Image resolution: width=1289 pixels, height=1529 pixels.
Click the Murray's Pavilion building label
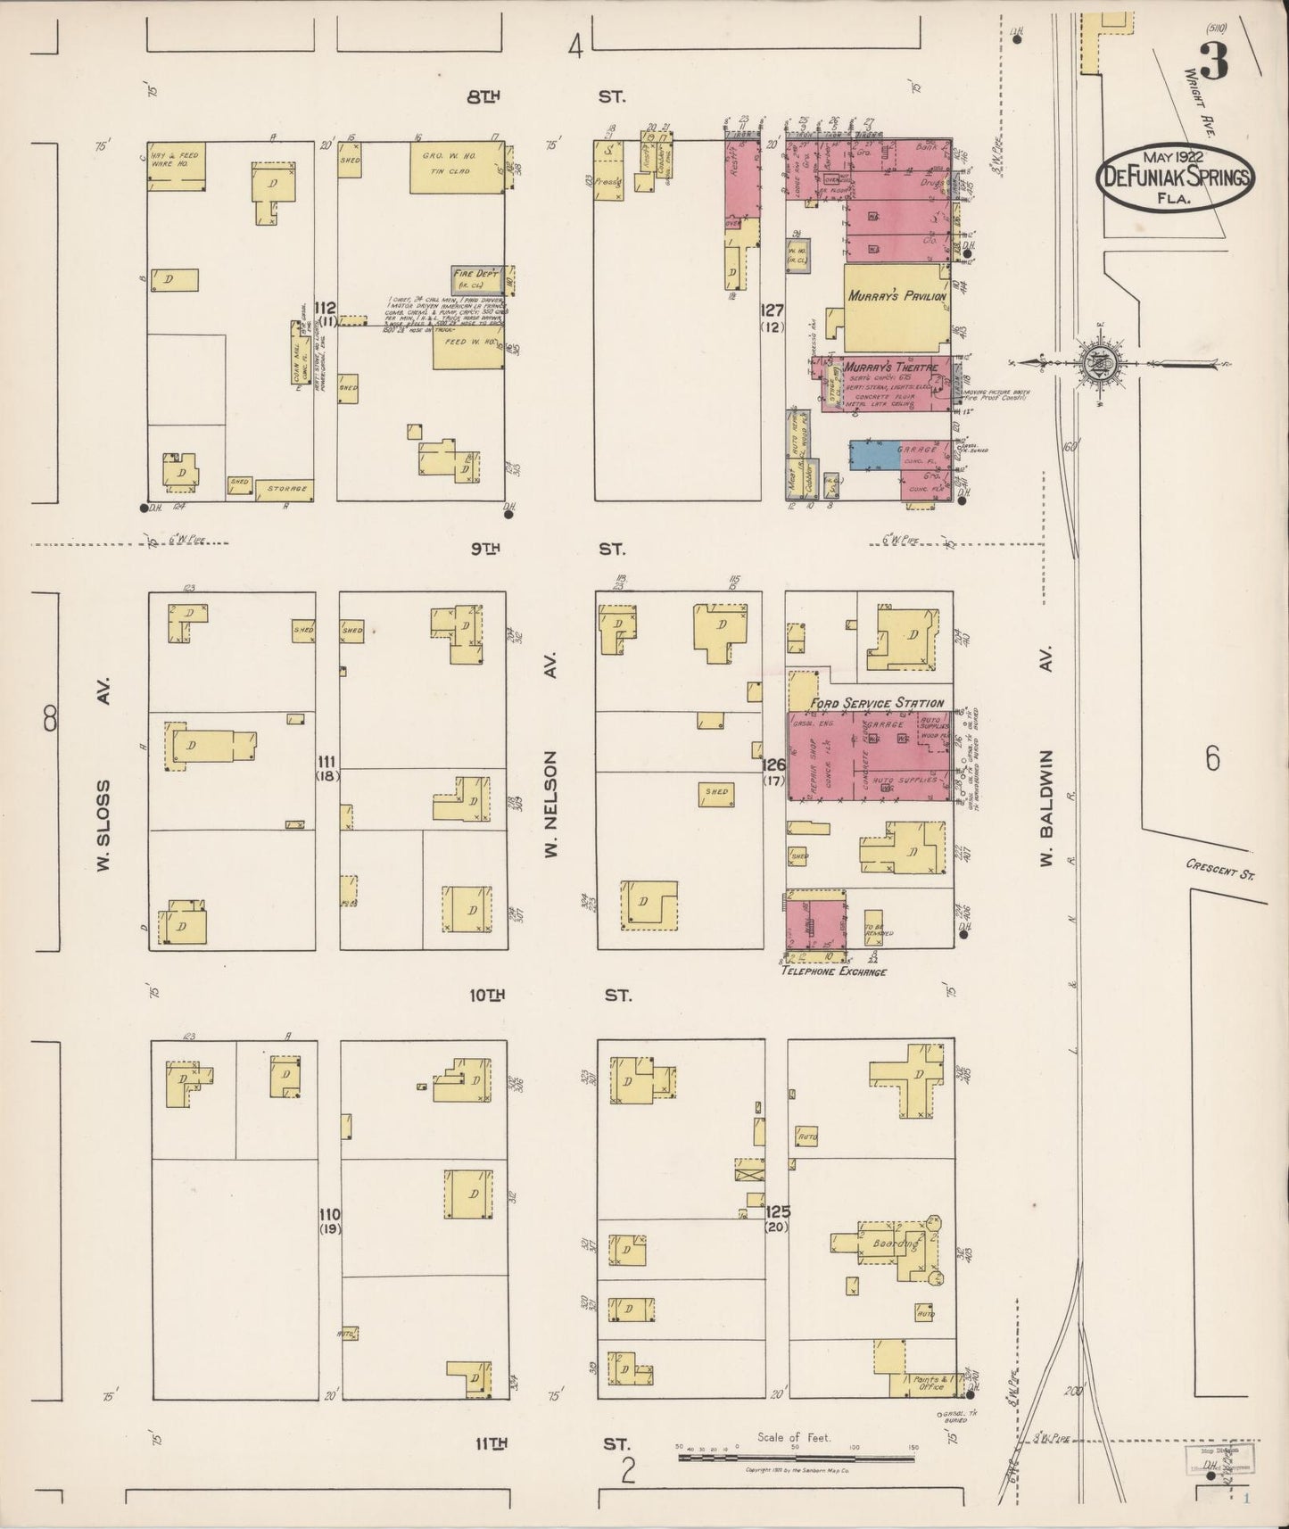(897, 296)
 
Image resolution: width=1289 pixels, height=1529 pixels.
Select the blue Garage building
(893, 454)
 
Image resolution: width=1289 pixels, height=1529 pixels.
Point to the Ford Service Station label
(876, 703)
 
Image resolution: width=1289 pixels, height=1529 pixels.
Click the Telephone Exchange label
(833, 971)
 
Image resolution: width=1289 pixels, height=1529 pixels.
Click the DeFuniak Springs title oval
(1176, 176)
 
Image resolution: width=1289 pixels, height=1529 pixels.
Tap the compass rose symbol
(1096, 363)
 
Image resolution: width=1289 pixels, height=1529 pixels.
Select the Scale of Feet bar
(795, 1459)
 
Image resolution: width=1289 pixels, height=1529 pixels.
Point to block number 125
(774, 1212)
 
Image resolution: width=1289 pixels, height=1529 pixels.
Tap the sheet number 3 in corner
(1213, 62)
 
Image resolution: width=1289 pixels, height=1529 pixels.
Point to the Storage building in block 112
(285, 489)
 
